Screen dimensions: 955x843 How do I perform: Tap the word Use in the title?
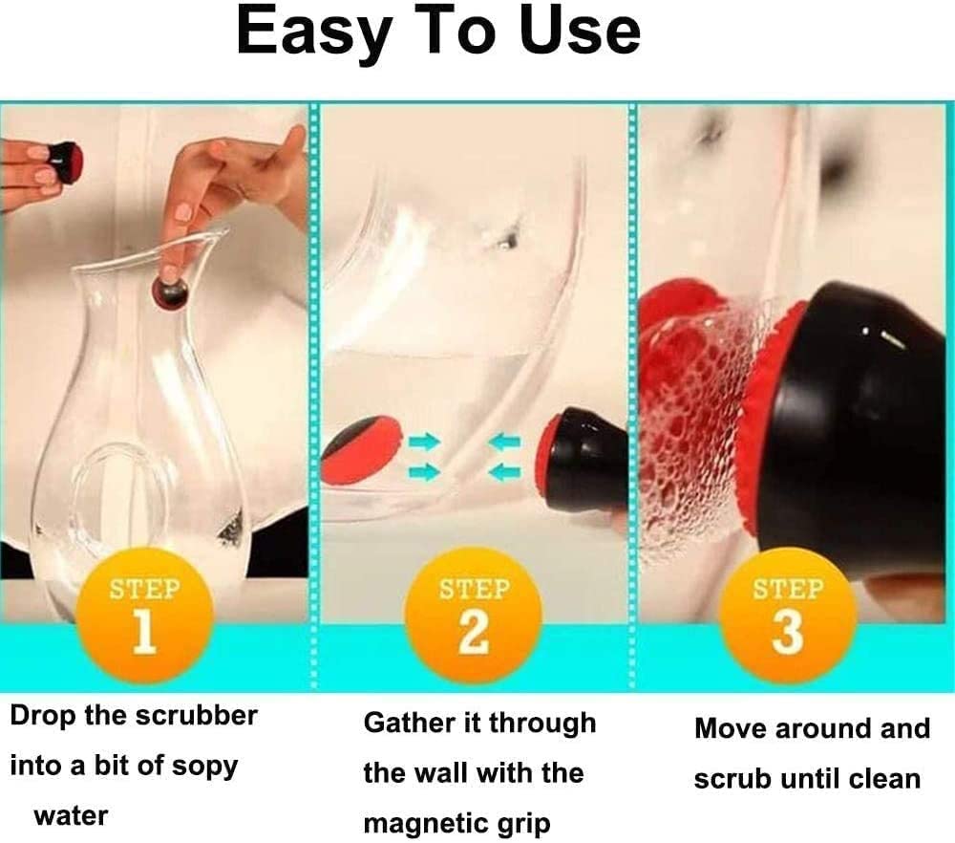point(580,31)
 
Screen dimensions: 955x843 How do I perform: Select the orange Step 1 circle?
point(145,615)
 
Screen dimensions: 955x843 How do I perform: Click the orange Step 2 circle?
point(474,615)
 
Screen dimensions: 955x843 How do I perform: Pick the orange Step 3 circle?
point(788,615)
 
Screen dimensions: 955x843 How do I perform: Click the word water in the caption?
point(72,815)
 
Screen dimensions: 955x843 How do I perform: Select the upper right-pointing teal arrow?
point(425,442)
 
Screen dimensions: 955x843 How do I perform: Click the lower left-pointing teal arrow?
point(505,471)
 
